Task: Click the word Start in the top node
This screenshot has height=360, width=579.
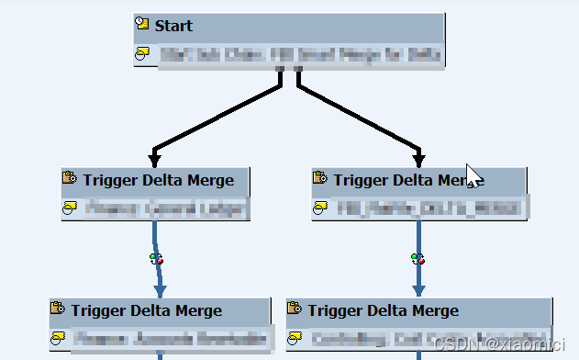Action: (173, 25)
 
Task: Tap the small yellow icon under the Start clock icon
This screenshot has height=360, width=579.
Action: (142, 55)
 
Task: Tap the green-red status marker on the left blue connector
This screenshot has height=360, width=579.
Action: (156, 259)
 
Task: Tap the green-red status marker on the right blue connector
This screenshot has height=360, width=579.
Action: (418, 259)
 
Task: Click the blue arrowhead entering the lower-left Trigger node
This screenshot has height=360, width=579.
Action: (160, 289)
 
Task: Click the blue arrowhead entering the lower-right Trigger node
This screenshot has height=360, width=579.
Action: (418, 289)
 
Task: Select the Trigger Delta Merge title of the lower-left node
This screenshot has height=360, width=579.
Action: (146, 310)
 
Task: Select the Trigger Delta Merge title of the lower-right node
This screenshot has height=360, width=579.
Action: (383, 310)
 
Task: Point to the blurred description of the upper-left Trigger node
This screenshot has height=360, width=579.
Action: (165, 209)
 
